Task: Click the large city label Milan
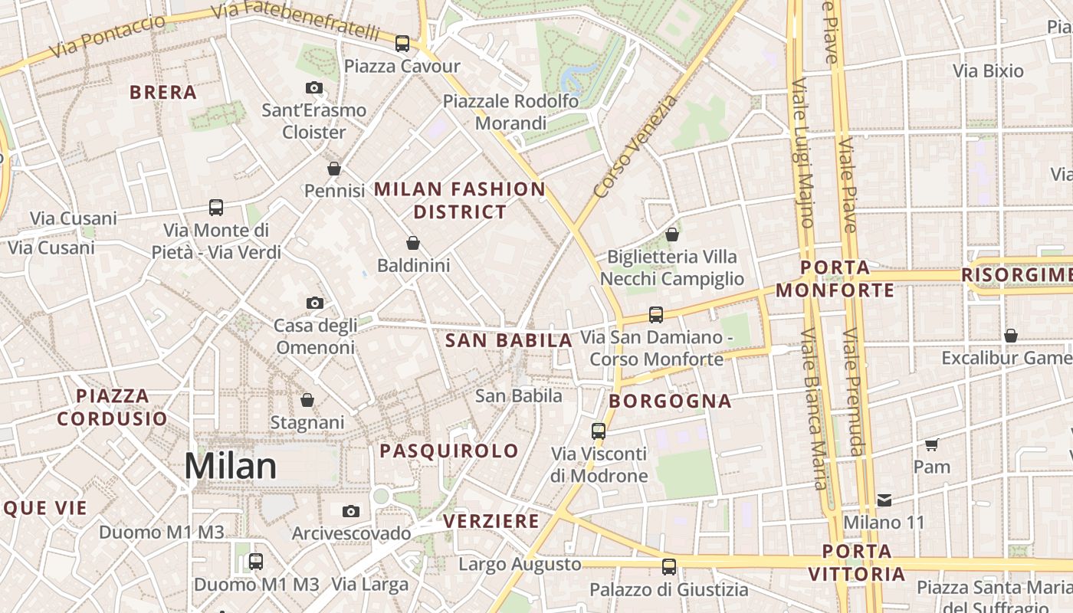[x=230, y=466]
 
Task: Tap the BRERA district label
[x=163, y=93]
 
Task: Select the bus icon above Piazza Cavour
[x=402, y=44]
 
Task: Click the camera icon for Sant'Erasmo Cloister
[x=314, y=87]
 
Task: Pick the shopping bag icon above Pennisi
[x=334, y=169]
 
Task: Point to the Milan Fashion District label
[x=460, y=200]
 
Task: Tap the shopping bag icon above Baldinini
[x=413, y=244]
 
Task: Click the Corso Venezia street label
[x=635, y=146]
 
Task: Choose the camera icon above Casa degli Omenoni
[x=314, y=303]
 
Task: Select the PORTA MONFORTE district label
[x=835, y=279]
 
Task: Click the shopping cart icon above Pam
[x=932, y=444]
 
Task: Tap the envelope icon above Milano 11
[x=884, y=500]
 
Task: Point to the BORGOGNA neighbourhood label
[x=671, y=401]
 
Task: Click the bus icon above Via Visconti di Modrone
[x=599, y=431]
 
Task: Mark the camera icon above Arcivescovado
[x=351, y=511]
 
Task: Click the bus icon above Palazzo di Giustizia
[x=669, y=567]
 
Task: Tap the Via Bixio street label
[x=988, y=71]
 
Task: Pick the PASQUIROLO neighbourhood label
[x=449, y=451]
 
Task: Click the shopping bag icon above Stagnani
[x=307, y=400]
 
